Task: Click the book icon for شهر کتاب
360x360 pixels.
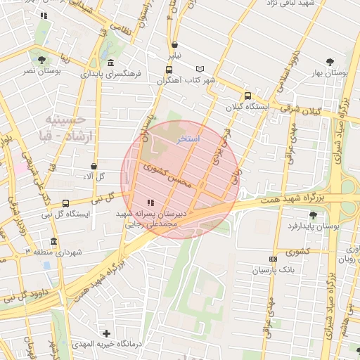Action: [x=201, y=69]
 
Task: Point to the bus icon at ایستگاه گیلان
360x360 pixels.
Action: [x=247, y=96]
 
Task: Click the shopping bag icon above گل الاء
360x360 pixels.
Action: [x=94, y=166]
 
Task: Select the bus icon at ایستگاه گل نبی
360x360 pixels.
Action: [x=65, y=202]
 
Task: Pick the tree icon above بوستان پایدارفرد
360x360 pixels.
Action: [x=313, y=215]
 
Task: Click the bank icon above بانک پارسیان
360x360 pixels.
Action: [x=274, y=259]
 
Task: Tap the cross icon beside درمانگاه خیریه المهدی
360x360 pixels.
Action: [x=106, y=333]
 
